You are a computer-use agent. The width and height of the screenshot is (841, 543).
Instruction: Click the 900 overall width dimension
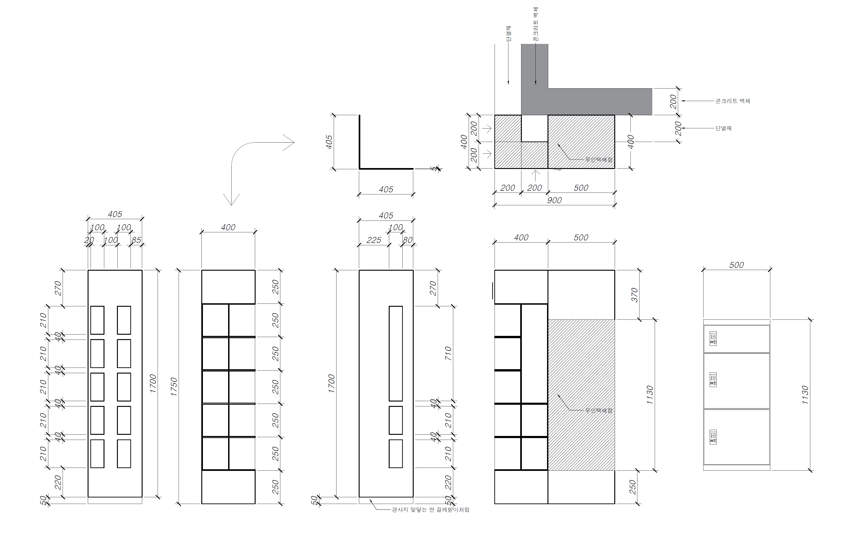coord(554,200)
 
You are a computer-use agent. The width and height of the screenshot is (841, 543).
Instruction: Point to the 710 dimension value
coord(448,353)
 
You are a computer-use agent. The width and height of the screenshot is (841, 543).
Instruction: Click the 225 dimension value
coord(374,240)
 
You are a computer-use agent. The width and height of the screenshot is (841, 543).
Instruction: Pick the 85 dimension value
coord(136,240)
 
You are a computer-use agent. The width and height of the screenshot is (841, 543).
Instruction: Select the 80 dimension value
coord(407,240)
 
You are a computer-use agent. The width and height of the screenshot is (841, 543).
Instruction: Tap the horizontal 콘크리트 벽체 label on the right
coord(732,101)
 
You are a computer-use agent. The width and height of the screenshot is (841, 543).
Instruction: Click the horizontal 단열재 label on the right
coord(723,128)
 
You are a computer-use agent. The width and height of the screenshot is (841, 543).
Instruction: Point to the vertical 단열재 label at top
coord(508,34)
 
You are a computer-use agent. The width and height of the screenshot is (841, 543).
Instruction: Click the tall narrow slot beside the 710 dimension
coord(395,353)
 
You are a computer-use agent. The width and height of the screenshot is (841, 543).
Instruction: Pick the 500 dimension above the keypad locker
coord(736,265)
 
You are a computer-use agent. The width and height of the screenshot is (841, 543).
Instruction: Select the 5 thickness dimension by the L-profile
coord(434,169)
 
